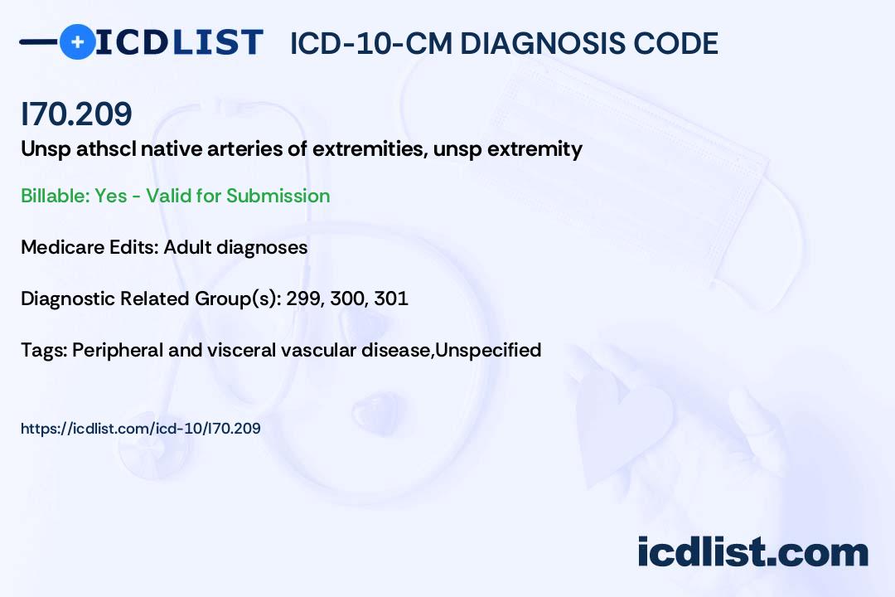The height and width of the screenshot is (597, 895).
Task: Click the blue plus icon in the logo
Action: (77, 41)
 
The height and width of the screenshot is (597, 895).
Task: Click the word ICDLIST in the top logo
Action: (179, 42)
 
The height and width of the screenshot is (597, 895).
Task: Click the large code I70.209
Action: (76, 114)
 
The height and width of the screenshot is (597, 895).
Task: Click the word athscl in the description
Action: (106, 149)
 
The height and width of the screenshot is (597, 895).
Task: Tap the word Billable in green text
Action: (56, 196)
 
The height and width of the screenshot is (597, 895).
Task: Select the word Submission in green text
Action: (278, 196)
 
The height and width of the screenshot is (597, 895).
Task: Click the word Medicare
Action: (63, 247)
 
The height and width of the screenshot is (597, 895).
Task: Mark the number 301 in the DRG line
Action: (391, 298)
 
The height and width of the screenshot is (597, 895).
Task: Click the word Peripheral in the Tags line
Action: (118, 350)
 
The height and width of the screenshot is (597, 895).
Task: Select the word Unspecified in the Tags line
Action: (488, 350)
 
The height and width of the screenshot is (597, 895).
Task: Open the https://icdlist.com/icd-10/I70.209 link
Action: (140, 429)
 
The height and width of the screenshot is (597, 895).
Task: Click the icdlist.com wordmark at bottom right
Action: (752, 552)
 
